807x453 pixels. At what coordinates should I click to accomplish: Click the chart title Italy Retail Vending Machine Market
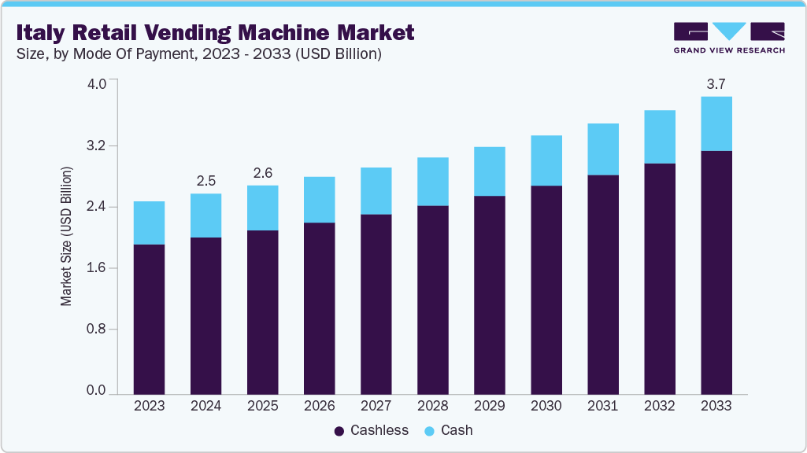point(214,32)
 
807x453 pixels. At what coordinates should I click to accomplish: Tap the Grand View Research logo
point(729,38)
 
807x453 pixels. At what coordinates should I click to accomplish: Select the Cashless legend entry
point(371,430)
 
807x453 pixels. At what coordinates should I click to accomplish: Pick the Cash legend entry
point(448,430)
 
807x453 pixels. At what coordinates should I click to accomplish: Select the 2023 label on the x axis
point(149,406)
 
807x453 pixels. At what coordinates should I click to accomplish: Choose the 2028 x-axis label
point(432,406)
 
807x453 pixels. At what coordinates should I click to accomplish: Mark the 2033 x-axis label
point(716,406)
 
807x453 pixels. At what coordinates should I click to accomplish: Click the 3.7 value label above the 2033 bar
point(716,83)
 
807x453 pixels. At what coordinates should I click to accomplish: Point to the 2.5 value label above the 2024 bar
point(205,181)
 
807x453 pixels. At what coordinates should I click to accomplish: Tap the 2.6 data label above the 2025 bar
point(262,173)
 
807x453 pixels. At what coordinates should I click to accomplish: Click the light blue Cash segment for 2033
point(716,123)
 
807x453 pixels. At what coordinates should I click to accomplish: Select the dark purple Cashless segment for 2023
point(149,319)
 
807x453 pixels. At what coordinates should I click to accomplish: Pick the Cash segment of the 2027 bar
point(376,190)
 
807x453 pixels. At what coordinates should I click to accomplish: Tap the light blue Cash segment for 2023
point(149,223)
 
